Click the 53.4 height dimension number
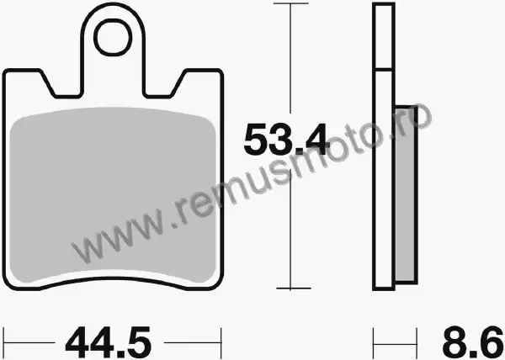click(x=286, y=140)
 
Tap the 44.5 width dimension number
click(x=108, y=342)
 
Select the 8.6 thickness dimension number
click(x=472, y=342)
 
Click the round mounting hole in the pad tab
click(x=113, y=37)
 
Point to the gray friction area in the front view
click(x=113, y=193)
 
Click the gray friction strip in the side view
click(x=406, y=194)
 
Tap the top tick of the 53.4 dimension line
click(x=290, y=3)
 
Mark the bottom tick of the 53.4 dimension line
click(x=293, y=289)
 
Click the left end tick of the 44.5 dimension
click(x=4, y=343)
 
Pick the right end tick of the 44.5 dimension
click(x=221, y=343)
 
